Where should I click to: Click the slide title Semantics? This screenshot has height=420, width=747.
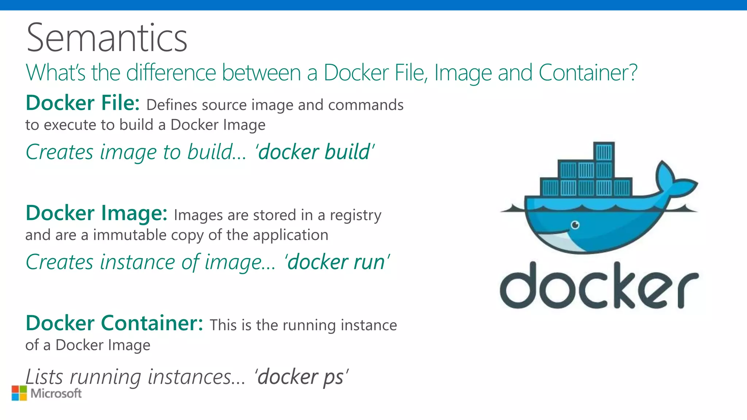click(x=107, y=38)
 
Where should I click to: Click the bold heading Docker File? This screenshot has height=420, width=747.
click(x=83, y=103)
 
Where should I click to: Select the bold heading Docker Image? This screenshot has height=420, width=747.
click(x=97, y=213)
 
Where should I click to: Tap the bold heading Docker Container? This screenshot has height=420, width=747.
click(x=114, y=323)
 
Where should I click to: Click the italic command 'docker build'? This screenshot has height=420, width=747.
click(x=315, y=152)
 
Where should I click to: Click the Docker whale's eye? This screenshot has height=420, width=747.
click(x=575, y=225)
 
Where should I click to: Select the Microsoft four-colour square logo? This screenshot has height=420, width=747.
click(x=19, y=393)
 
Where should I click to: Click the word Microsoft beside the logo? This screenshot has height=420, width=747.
click(x=56, y=393)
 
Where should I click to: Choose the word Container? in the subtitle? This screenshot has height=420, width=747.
click(x=588, y=73)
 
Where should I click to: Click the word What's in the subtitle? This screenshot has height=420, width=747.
click(x=56, y=73)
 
